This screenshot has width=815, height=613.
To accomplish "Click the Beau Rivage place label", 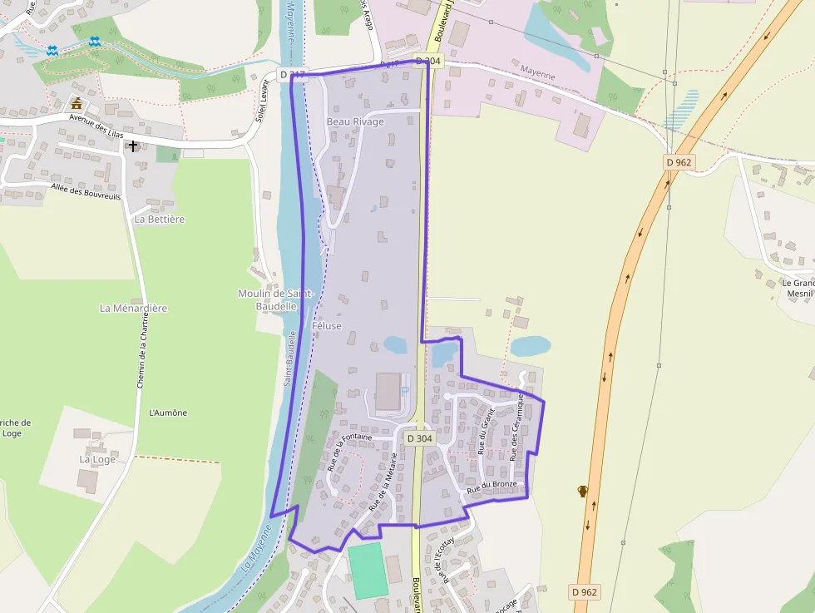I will (x=355, y=121).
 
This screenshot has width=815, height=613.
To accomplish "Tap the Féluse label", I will (x=327, y=326).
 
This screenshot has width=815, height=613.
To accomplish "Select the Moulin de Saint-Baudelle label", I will (x=275, y=299).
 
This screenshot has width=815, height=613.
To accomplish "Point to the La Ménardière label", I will (x=133, y=308).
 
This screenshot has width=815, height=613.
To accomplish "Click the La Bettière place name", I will (x=159, y=220).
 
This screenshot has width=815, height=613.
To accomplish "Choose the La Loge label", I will (x=97, y=459).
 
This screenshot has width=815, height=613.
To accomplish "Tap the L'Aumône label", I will (x=168, y=413).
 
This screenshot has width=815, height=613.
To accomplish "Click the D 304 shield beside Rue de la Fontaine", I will (x=419, y=438).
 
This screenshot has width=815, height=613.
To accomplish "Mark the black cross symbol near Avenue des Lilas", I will (x=132, y=146).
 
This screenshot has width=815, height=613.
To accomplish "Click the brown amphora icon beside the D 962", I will (x=583, y=491).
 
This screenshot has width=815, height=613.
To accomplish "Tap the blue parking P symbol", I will (x=405, y=389).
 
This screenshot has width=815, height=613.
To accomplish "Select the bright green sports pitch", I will (x=368, y=571).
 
